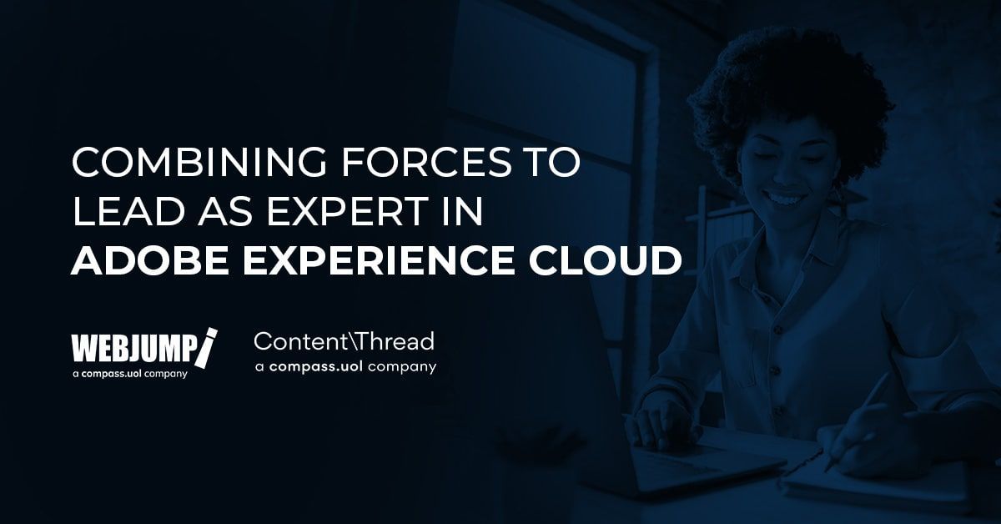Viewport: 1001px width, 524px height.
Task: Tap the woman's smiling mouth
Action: coord(785,200)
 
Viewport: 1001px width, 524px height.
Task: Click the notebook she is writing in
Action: coord(884,484)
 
